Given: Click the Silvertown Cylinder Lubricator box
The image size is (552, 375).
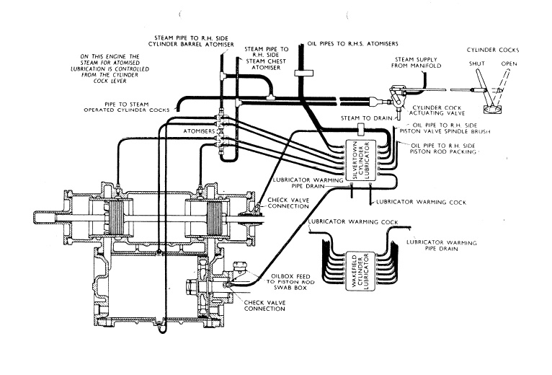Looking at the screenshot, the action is (x=361, y=161).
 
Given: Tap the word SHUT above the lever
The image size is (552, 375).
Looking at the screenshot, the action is (x=476, y=63).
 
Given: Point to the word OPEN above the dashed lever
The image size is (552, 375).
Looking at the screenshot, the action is (x=509, y=63).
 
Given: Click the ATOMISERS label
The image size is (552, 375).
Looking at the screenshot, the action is (x=199, y=131).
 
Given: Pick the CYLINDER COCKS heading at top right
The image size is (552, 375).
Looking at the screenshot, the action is (x=493, y=50).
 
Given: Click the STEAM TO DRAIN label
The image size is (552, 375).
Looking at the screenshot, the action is (x=366, y=118).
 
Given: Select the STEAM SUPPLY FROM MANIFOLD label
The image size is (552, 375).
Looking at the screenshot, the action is (x=416, y=63).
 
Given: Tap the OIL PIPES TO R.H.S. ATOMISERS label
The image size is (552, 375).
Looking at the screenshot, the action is (x=352, y=44).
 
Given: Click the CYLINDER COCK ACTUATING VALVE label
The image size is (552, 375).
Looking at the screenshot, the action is (x=437, y=110).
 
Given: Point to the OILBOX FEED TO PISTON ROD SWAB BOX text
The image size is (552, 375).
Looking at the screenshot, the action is (x=290, y=282).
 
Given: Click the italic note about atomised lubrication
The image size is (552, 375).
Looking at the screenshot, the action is (x=110, y=69).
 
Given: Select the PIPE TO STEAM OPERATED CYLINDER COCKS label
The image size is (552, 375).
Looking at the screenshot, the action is (x=127, y=107).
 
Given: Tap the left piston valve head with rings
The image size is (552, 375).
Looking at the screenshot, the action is (x=116, y=218).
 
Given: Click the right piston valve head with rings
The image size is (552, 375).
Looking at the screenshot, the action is (x=214, y=219).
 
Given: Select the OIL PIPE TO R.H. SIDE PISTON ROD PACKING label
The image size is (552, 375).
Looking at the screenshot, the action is (x=443, y=149).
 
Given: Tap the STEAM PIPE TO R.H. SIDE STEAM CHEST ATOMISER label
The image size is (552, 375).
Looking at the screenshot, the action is (x=267, y=58).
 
